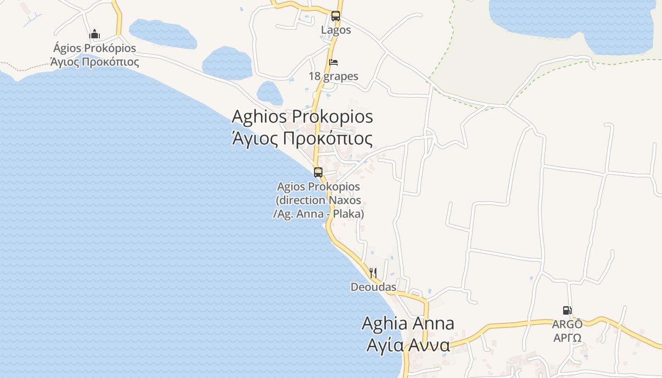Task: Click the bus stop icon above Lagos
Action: click(336, 16)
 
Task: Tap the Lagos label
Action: click(336, 30)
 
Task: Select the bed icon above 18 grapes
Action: click(333, 62)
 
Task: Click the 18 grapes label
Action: click(333, 76)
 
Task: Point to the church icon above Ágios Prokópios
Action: click(95, 34)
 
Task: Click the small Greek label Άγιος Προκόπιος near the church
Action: click(95, 62)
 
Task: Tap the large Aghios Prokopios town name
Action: click(302, 116)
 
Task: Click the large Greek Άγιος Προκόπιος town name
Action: click(302, 138)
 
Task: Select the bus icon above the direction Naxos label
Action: click(318, 172)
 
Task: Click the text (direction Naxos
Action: click(318, 200)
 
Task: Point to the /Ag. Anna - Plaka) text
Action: click(318, 214)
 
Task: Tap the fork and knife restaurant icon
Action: click(373, 273)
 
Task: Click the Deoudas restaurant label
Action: click(373, 287)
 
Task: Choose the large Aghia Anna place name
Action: click(408, 323)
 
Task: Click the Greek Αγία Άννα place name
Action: click(408, 345)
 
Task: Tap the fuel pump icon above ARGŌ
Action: click(567, 310)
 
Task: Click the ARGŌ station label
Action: click(567, 325)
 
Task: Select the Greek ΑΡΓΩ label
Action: click(567, 338)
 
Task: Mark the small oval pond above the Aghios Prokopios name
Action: click(270, 93)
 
